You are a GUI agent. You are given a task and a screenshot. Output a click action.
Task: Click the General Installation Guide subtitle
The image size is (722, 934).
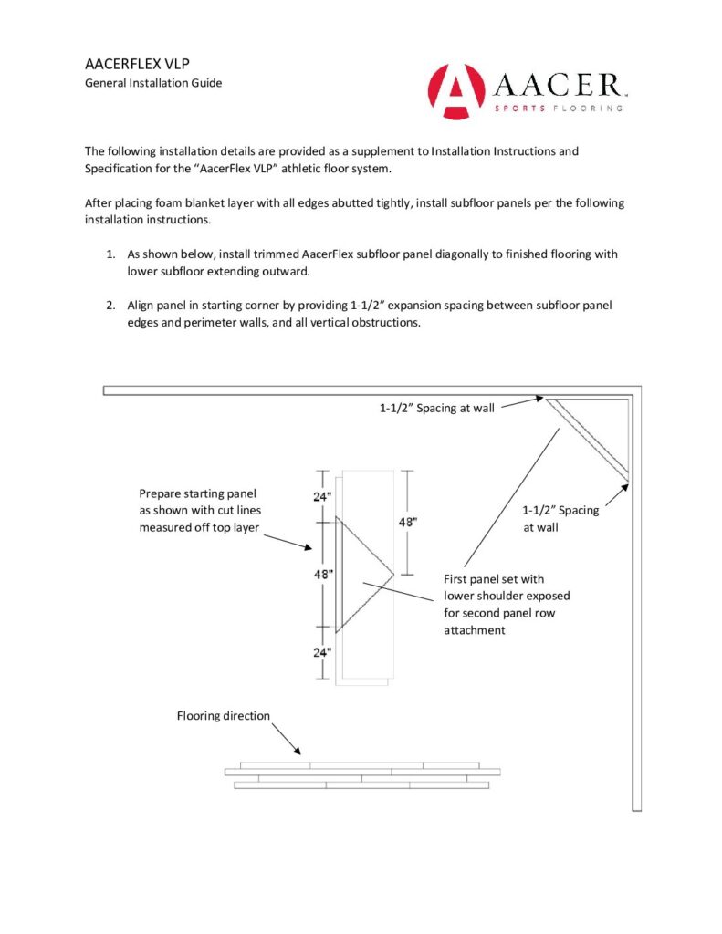[153, 84]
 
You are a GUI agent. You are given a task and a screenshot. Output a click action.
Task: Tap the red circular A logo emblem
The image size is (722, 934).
[455, 90]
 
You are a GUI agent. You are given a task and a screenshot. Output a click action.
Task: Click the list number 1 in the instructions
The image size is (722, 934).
[110, 254]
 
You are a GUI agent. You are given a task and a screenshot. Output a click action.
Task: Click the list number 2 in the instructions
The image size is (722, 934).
[110, 305]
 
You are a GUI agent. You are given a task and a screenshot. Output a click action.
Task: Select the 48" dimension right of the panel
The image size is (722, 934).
[408, 523]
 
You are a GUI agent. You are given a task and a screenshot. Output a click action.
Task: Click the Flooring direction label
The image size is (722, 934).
[224, 716]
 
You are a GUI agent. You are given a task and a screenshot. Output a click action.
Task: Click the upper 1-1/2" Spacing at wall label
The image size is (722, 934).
[437, 408]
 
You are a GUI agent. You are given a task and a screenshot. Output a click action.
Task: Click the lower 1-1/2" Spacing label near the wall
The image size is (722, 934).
[560, 511]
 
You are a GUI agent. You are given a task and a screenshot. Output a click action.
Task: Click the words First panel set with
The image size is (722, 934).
[494, 578]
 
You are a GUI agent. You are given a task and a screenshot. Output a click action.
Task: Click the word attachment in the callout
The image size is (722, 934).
[474, 630]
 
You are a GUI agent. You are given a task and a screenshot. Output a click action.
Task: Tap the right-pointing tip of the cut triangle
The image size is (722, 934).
[393, 575]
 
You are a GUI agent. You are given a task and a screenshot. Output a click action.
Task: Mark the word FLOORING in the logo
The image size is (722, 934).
[589, 108]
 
